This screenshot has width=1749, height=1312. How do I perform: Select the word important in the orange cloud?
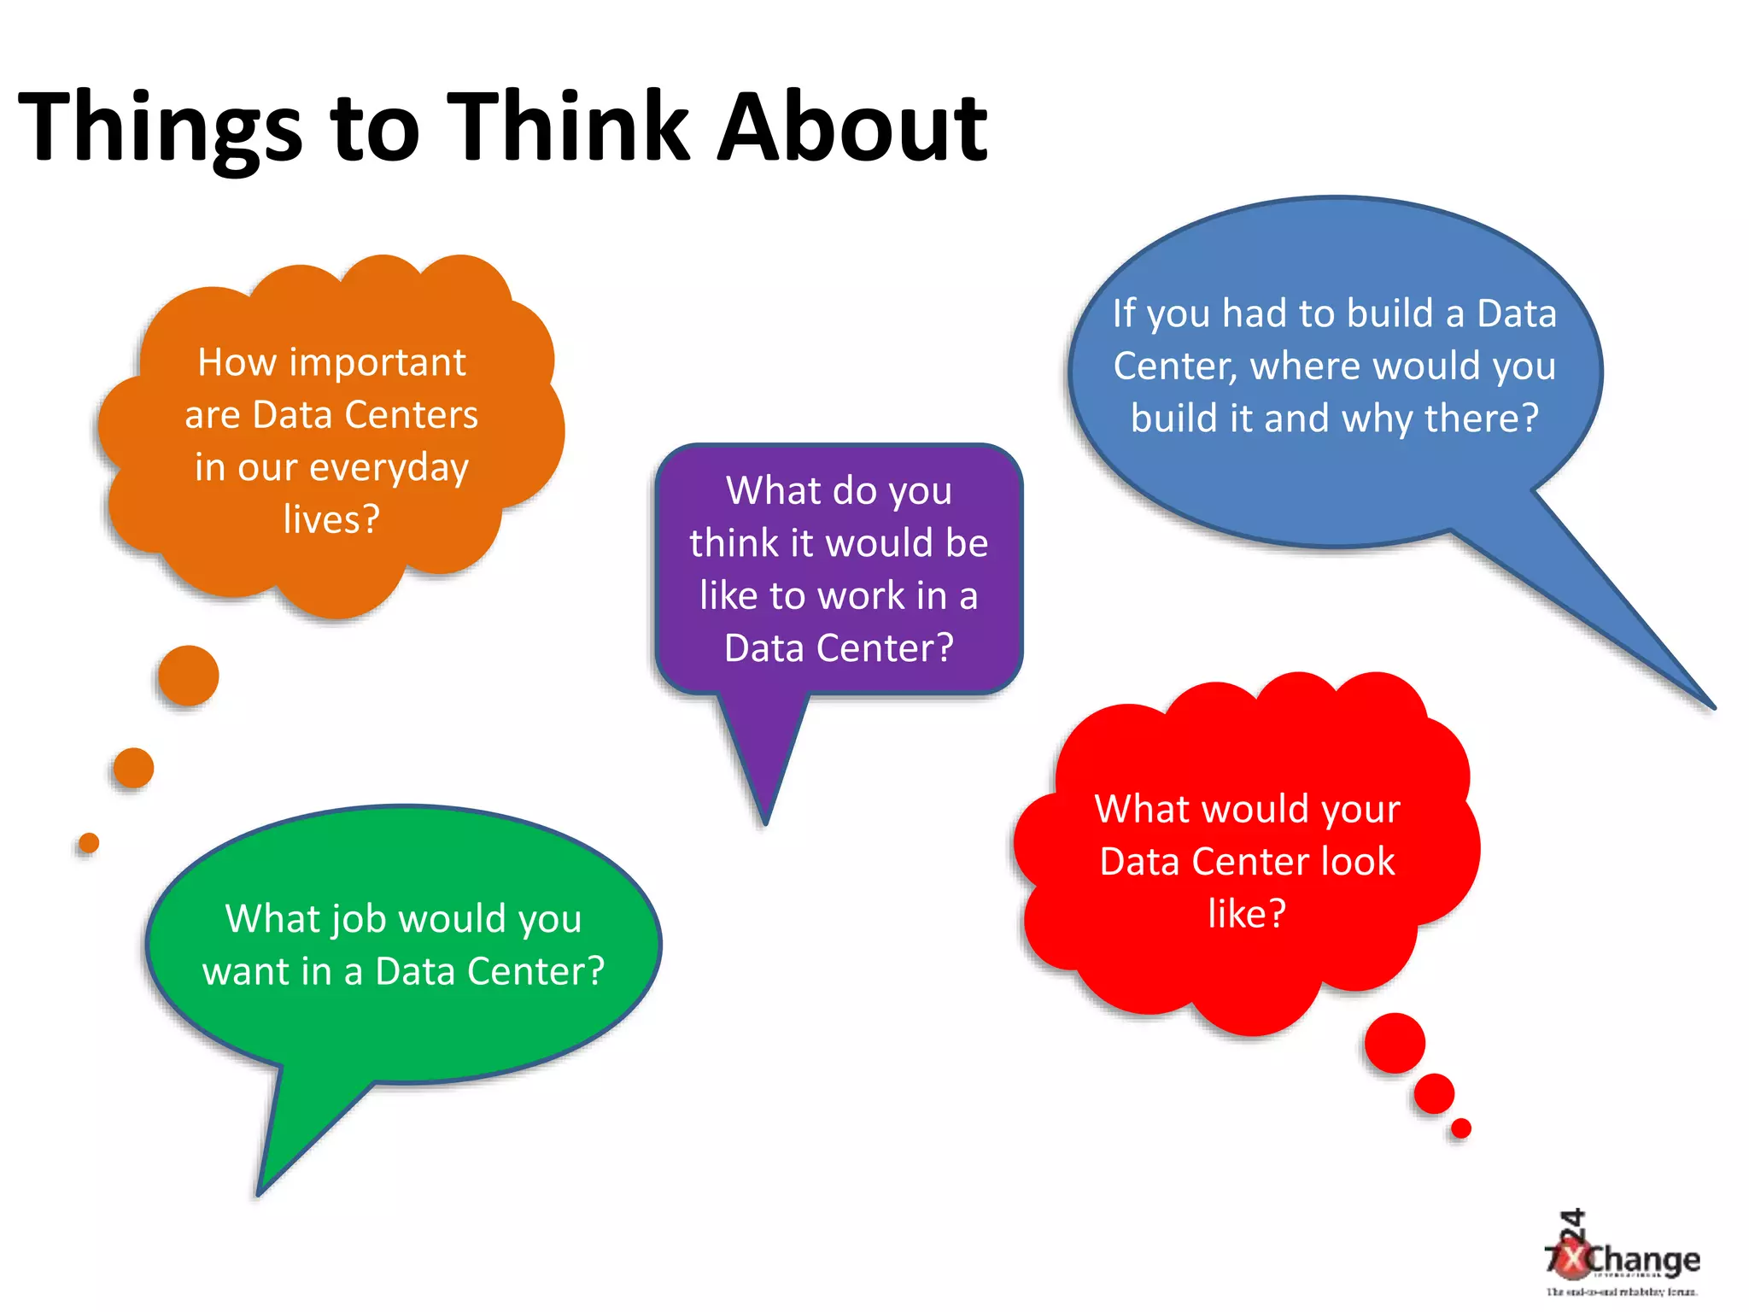click(x=377, y=363)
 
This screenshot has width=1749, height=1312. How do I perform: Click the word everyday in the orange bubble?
click(x=389, y=468)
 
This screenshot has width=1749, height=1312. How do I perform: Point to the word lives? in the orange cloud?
click(x=331, y=519)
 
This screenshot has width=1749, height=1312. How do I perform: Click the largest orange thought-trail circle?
click(x=189, y=676)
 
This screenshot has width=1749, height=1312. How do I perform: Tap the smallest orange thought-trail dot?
click(x=89, y=843)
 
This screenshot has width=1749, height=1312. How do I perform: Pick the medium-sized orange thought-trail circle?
click(x=133, y=767)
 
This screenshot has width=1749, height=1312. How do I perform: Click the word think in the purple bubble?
click(x=734, y=543)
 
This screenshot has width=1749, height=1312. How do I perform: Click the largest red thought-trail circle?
click(x=1395, y=1043)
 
